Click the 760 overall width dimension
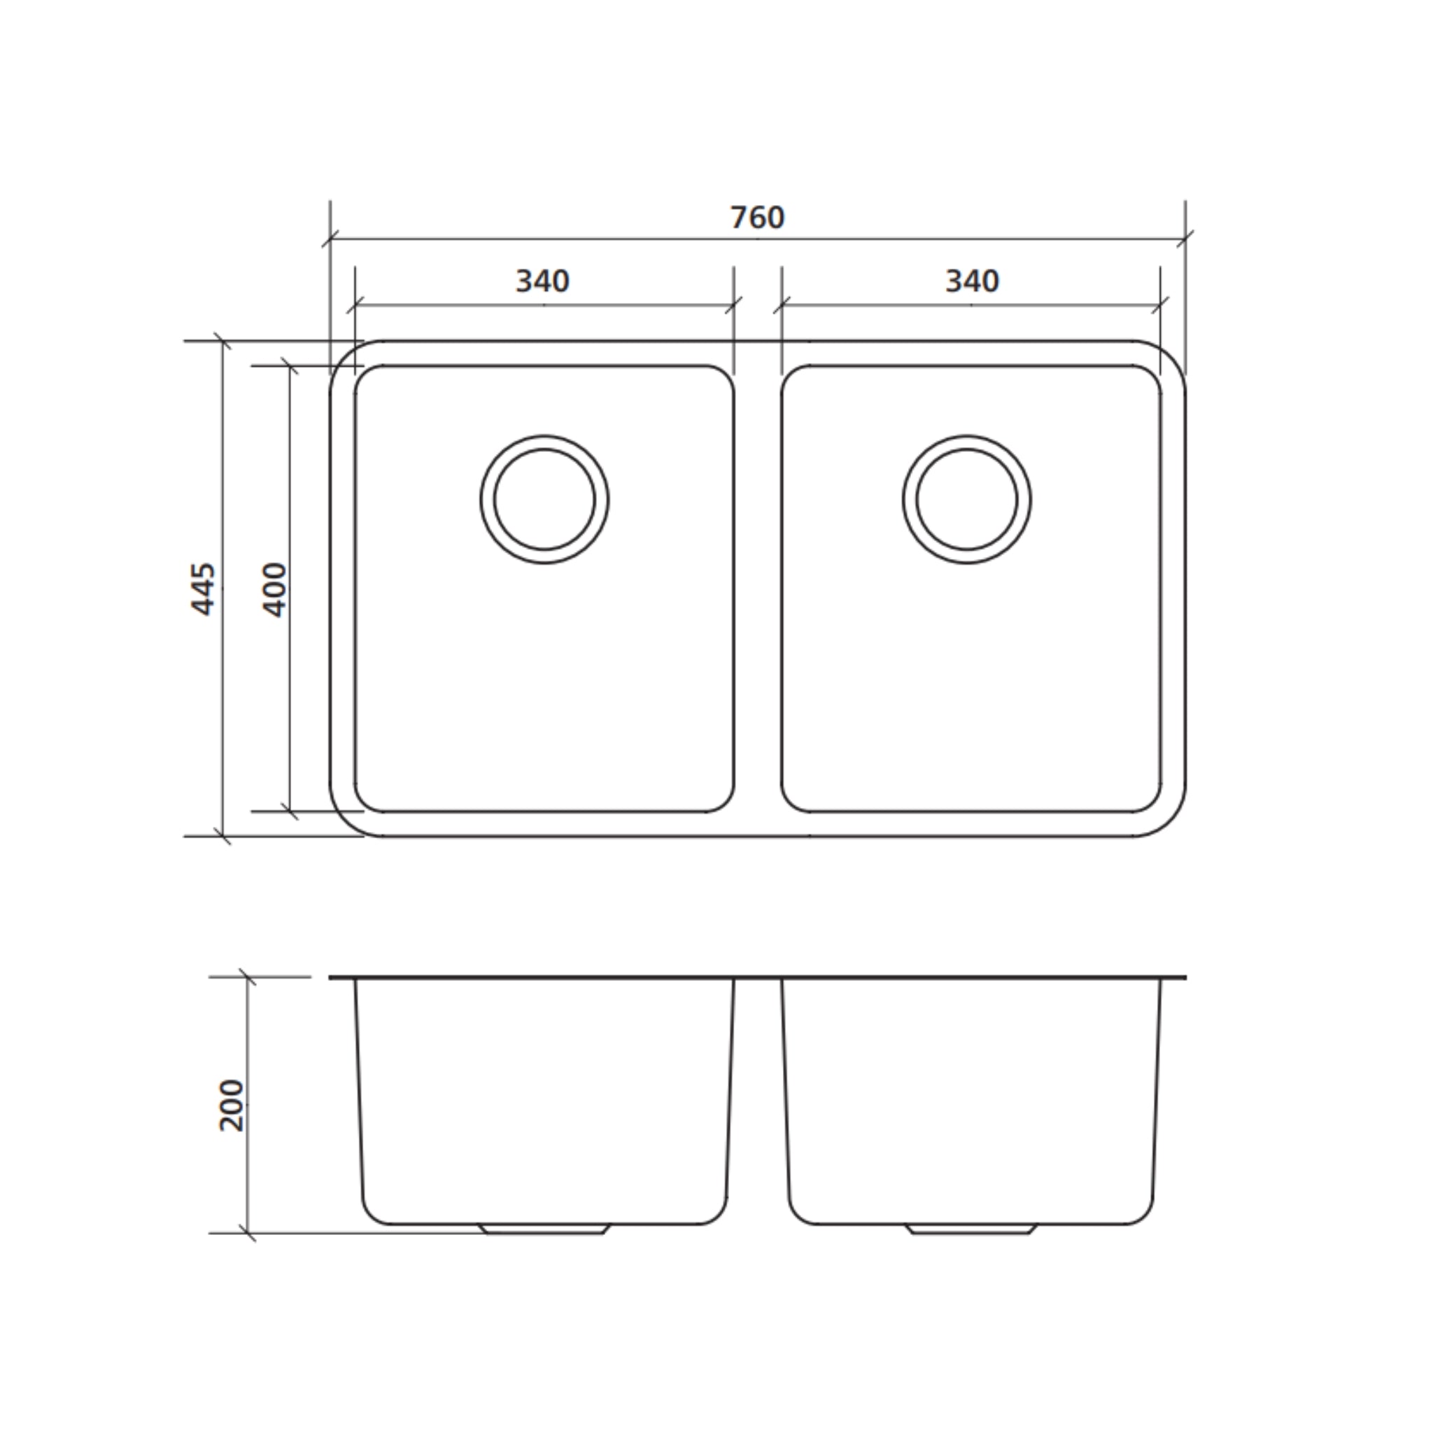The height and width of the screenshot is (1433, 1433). click(x=757, y=218)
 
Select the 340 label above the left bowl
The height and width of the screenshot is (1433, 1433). click(x=542, y=282)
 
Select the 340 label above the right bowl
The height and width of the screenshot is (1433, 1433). click(x=972, y=282)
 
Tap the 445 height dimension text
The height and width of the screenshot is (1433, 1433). click(x=203, y=589)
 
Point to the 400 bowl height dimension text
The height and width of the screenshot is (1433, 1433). click(x=274, y=590)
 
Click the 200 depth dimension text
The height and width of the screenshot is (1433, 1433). click(x=232, y=1105)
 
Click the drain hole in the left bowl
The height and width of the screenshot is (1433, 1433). click(x=544, y=499)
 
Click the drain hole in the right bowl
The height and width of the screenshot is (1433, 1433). click(x=966, y=499)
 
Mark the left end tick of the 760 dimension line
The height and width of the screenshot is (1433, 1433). click(x=331, y=239)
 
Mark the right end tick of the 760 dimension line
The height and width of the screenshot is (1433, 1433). click(x=1185, y=239)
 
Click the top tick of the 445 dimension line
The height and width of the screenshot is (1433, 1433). click(x=223, y=341)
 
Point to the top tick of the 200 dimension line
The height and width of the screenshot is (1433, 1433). click(x=248, y=977)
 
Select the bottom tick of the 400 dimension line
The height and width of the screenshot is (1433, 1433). click(x=290, y=812)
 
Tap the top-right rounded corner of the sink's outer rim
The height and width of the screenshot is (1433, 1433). click(x=1169, y=358)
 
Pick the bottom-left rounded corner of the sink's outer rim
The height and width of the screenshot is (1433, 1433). click(x=347, y=820)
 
